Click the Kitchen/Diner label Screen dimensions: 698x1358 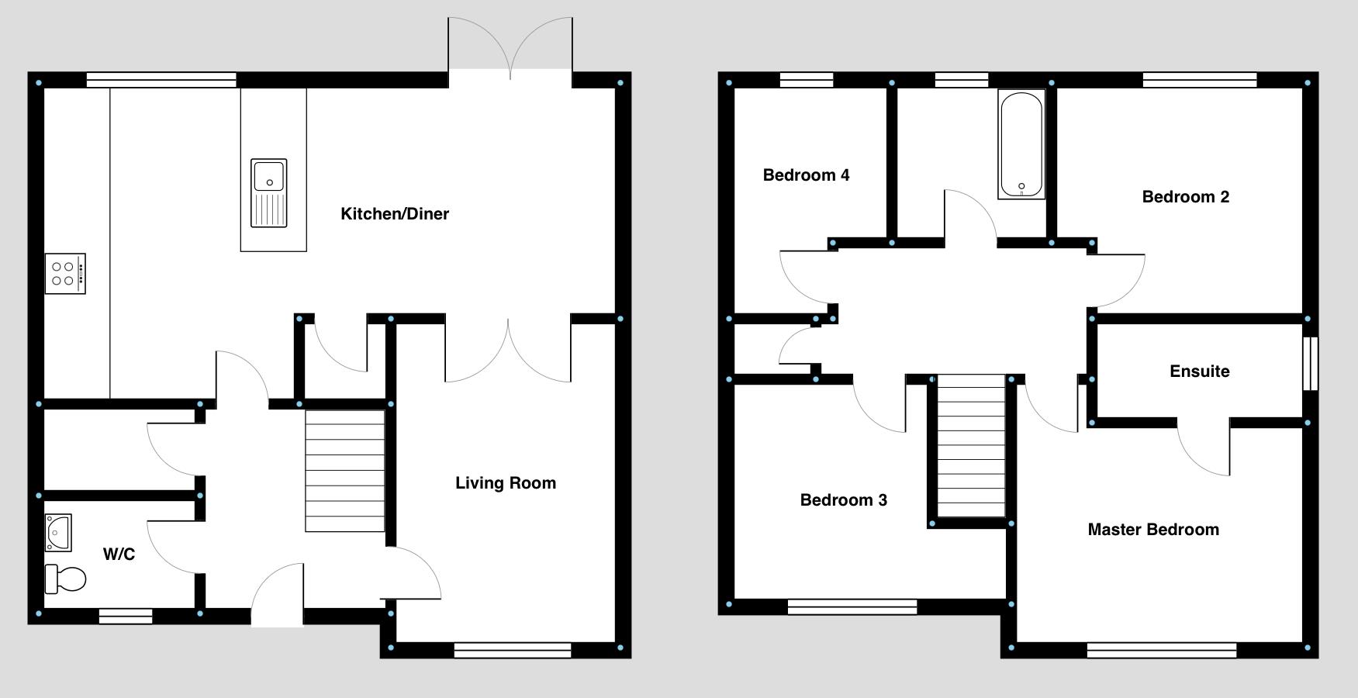[395, 214]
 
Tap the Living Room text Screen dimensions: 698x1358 [506, 483]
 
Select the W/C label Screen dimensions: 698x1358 [119, 555]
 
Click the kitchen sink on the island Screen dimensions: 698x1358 [269, 193]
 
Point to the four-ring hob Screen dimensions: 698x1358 [65, 274]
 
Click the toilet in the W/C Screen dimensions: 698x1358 [65, 579]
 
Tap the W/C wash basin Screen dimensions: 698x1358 [58, 533]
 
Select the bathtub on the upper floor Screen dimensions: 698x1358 [1021, 145]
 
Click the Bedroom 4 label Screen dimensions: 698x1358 [806, 175]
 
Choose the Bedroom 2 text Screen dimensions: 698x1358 [1185, 197]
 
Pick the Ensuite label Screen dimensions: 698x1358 [1199, 371]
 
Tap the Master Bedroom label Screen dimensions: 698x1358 [1153, 530]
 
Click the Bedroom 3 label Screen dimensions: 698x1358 [843, 500]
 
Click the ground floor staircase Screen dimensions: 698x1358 [345, 471]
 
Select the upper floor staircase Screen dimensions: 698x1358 [971, 446]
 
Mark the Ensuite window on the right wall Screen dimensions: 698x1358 [1310, 363]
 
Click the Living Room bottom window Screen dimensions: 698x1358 [513, 650]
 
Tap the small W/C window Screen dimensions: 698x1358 [126, 616]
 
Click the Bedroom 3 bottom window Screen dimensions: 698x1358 [852, 606]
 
